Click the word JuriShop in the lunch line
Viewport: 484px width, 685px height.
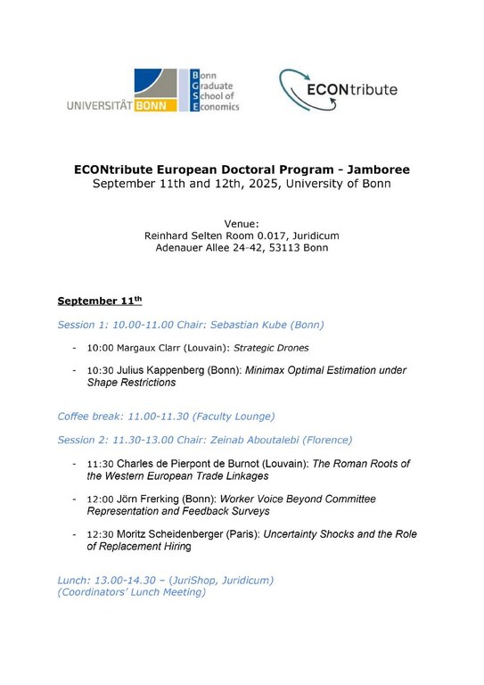187,580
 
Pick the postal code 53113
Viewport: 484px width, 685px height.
285,248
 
